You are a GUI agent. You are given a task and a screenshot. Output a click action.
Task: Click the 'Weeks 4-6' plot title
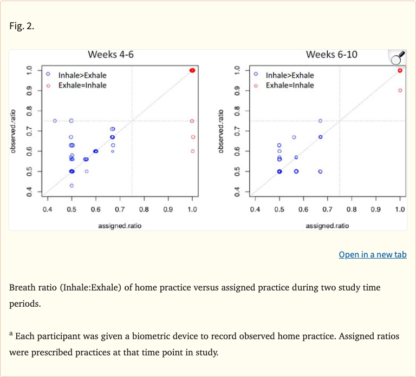coord(110,55)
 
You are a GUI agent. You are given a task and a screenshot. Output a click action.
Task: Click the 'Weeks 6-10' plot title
coord(331,55)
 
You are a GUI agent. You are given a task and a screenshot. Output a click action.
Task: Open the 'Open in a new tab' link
coord(372,254)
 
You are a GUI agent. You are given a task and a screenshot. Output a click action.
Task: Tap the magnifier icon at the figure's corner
coord(398,57)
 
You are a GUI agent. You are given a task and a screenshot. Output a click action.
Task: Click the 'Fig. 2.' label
coord(22,26)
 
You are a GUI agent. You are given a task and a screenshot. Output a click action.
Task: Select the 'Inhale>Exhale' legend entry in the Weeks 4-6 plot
coord(82,75)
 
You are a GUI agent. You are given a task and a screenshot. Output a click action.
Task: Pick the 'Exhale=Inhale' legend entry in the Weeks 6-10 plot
coord(290,85)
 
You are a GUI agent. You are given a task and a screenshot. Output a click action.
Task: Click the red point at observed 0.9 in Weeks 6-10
coord(400,90)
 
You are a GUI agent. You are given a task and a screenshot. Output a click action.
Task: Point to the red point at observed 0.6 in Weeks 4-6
coord(192,151)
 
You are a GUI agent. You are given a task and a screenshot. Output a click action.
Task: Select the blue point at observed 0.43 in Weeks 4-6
coord(71,186)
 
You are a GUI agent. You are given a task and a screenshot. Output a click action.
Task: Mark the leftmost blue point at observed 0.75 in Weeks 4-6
coord(55,121)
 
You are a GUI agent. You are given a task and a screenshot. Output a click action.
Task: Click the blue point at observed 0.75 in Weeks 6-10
coord(320,121)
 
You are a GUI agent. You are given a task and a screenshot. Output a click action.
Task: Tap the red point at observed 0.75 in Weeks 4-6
coord(192,121)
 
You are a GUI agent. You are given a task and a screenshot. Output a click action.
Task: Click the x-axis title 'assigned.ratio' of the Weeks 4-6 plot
coord(120,226)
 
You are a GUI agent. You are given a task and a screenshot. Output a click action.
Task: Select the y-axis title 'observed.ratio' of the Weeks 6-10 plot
coord(220,131)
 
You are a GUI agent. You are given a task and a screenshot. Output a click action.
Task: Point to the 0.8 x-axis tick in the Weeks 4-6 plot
coord(144,209)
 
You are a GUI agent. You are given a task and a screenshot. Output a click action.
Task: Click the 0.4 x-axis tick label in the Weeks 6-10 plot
coord(255,209)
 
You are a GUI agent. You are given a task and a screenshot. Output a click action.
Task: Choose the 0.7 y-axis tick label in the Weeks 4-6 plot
coord(30,131)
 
